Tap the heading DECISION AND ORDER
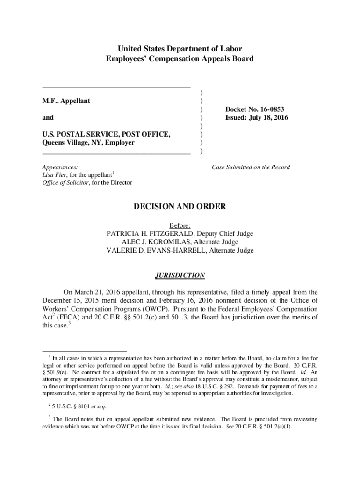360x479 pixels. pyautogui.click(x=180, y=206)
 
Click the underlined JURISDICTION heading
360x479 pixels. pyautogui.click(x=180, y=276)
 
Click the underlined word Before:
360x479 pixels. pyautogui.click(x=180, y=225)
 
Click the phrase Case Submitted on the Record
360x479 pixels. pyautogui.click(x=251, y=167)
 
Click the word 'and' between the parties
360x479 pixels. pyautogui.click(x=48, y=118)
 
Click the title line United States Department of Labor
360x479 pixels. pyautogui.click(x=180, y=49)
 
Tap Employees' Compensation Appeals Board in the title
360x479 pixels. pyautogui.click(x=180, y=59)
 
